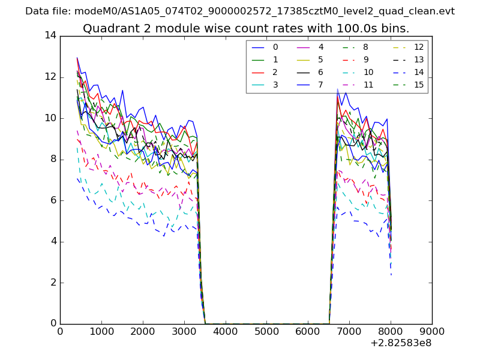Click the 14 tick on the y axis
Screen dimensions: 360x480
click(50, 35)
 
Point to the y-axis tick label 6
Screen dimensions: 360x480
click(53, 200)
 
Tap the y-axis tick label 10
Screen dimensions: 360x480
click(50, 118)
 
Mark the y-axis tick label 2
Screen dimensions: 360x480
click(53, 283)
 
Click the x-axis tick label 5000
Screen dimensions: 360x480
click(266, 331)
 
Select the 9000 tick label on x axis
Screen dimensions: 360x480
click(432, 331)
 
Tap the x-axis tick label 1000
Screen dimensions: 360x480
click(101, 331)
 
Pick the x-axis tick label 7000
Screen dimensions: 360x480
click(349, 331)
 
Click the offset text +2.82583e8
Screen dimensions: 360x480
click(401, 343)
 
